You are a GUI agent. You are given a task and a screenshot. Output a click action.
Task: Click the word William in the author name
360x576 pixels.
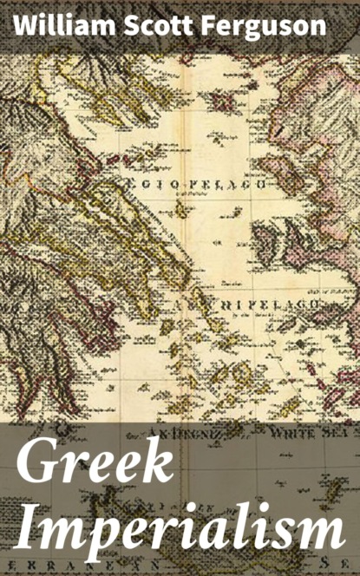coord(53,24)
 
